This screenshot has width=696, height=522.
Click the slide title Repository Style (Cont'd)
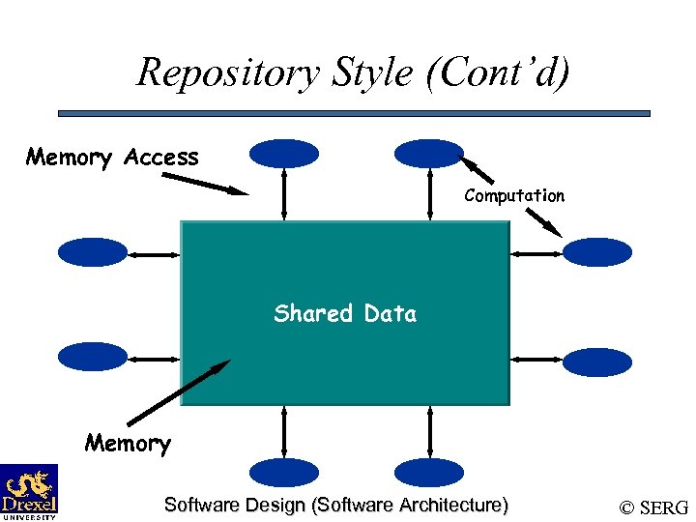[354, 72]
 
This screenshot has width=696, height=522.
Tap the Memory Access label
[112, 158]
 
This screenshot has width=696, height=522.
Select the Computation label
[513, 196]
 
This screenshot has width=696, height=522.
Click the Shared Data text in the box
[345, 313]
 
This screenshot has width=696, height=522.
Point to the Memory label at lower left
[128, 444]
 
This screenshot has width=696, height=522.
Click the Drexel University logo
[29, 491]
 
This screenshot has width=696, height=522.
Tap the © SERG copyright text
[654, 507]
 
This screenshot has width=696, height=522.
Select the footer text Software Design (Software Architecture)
[335, 505]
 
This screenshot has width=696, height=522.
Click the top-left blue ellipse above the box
[283, 154]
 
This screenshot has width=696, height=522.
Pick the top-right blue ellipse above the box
[429, 153]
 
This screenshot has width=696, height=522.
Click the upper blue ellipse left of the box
[93, 252]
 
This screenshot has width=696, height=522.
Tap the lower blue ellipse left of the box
[93, 357]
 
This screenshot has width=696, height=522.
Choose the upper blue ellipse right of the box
[596, 252]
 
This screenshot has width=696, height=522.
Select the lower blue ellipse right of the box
[596, 362]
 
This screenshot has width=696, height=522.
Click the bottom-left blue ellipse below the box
[283, 472]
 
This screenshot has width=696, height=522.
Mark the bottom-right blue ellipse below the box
[429, 472]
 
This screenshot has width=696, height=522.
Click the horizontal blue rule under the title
[354, 114]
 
